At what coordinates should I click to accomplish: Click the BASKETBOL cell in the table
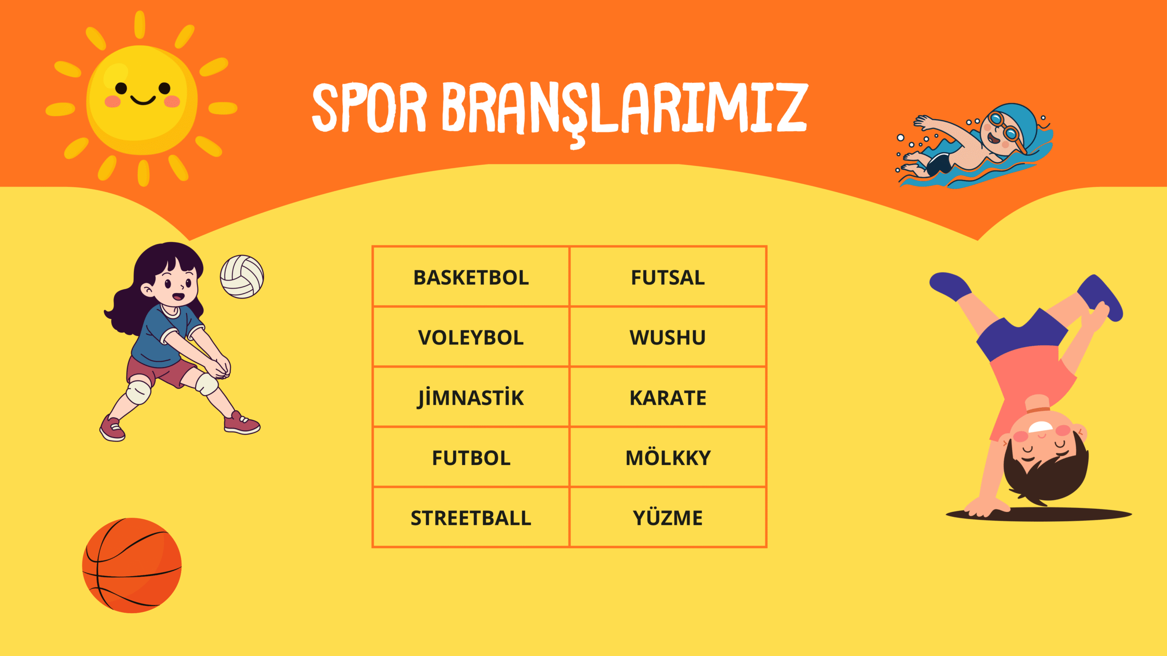coord(471,277)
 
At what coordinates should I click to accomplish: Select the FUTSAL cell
coord(668,277)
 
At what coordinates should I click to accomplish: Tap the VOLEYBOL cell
coord(471,337)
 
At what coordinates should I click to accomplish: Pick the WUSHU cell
coord(668,337)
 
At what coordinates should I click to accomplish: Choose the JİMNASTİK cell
coord(471,397)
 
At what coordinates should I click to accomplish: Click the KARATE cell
coord(668,397)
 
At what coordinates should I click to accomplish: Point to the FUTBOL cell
coord(471,457)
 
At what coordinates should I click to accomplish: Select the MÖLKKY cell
coord(668,457)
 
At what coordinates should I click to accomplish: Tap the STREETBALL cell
coord(471,518)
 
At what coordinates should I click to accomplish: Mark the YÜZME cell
coord(668,518)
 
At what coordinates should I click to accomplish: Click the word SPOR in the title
coord(369,108)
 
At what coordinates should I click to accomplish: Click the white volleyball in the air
coord(242,277)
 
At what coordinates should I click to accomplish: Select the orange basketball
coord(132,565)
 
